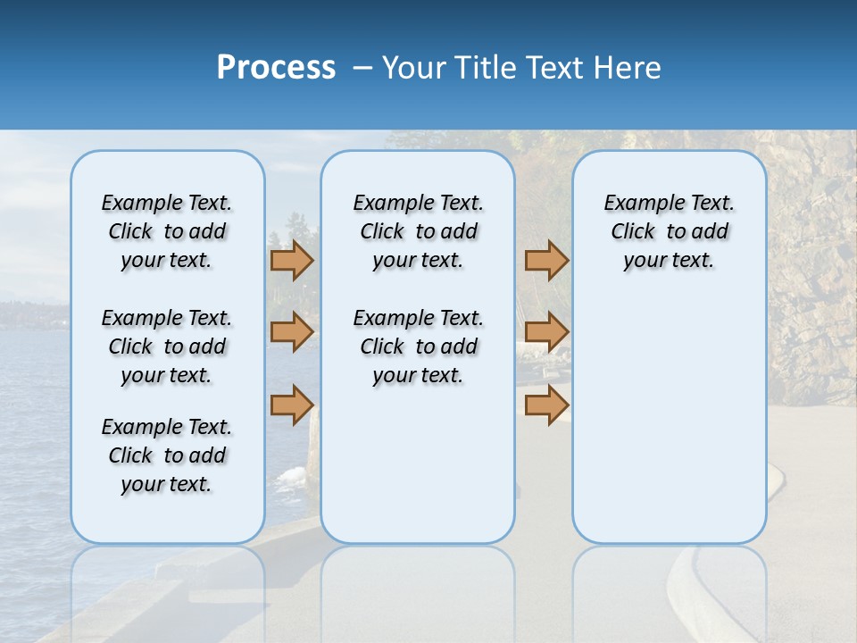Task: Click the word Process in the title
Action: (x=276, y=67)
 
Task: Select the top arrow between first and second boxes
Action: (x=292, y=260)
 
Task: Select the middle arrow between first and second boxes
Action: (x=292, y=332)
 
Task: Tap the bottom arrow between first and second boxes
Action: (x=292, y=405)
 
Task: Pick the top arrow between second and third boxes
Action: (x=546, y=260)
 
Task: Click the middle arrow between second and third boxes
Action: (x=546, y=332)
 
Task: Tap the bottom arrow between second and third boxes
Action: (x=546, y=405)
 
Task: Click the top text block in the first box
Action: (x=167, y=231)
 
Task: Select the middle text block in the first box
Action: (x=167, y=347)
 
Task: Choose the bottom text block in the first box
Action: (x=167, y=455)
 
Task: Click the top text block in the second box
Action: (x=418, y=231)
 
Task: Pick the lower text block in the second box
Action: (x=418, y=347)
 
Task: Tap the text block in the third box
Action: (x=669, y=231)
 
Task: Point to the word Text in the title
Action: (x=557, y=68)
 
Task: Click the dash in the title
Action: (x=362, y=68)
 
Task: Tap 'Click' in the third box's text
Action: (x=633, y=232)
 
